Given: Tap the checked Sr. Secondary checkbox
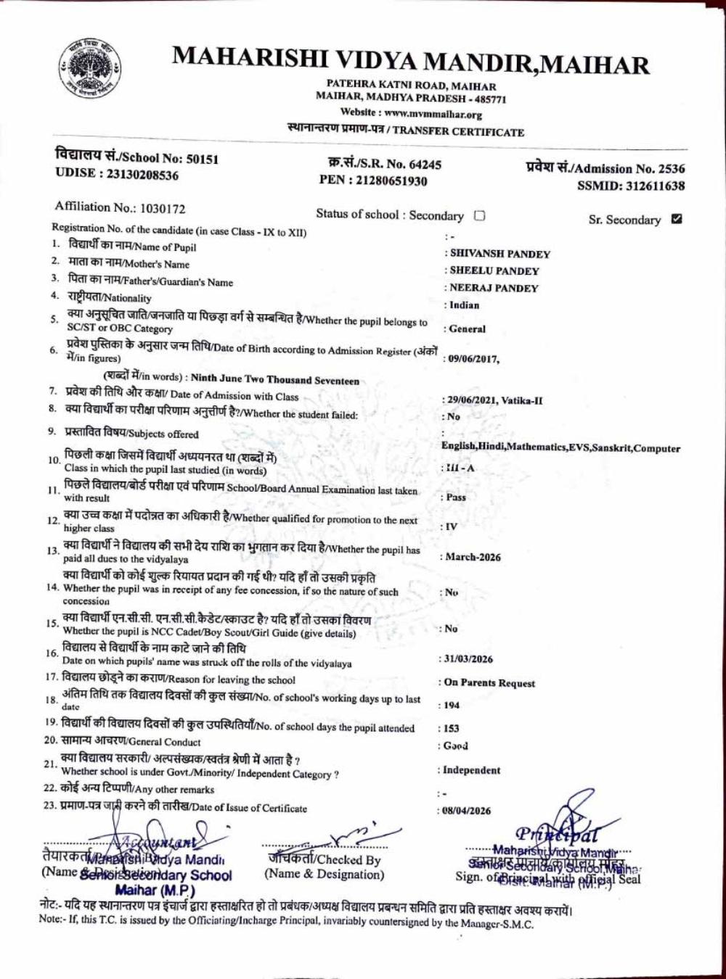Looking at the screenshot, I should click(x=677, y=218).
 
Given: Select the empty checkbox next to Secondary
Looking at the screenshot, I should click(x=479, y=215).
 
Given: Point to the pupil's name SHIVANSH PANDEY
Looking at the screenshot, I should click(x=500, y=254).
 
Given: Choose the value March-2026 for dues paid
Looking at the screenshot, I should click(x=473, y=557).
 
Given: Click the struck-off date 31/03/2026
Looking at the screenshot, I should click(x=468, y=658).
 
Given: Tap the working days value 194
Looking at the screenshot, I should click(x=452, y=705).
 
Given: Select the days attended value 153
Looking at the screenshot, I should click(x=452, y=728).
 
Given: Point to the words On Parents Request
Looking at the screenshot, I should click(x=489, y=682).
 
